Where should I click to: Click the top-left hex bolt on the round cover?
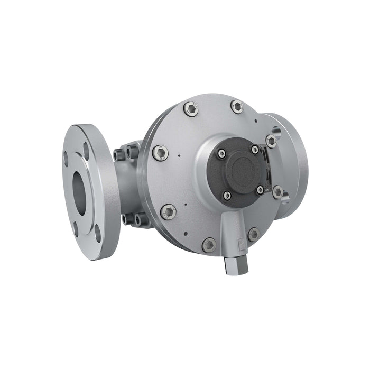[191, 109]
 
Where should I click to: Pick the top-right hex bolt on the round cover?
[237, 107]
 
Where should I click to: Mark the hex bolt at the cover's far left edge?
[161, 153]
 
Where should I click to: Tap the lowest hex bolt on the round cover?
[209, 245]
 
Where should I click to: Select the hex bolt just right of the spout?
[254, 234]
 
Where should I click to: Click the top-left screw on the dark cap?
[221, 154]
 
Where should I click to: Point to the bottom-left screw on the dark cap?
[227, 196]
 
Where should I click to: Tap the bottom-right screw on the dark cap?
[260, 189]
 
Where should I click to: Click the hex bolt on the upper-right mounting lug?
[271, 141]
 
